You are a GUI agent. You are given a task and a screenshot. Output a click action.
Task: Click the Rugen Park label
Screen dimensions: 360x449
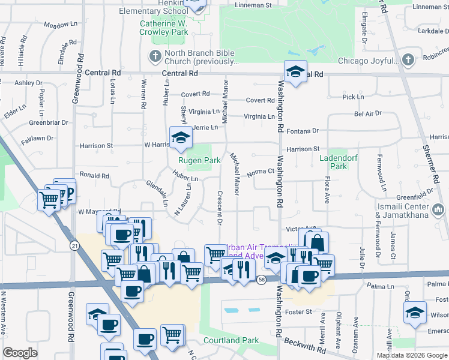[199, 161]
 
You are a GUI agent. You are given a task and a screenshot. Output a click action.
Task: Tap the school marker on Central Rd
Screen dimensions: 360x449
[295, 71]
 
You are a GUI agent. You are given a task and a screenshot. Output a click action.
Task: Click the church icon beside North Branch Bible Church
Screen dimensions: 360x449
[154, 57]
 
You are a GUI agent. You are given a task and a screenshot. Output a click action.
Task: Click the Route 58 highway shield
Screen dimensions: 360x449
[261, 280]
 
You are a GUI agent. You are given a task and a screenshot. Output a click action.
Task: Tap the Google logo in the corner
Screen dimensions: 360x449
[20, 353]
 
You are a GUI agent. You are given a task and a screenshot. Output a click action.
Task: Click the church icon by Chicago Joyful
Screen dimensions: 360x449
[408, 60]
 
